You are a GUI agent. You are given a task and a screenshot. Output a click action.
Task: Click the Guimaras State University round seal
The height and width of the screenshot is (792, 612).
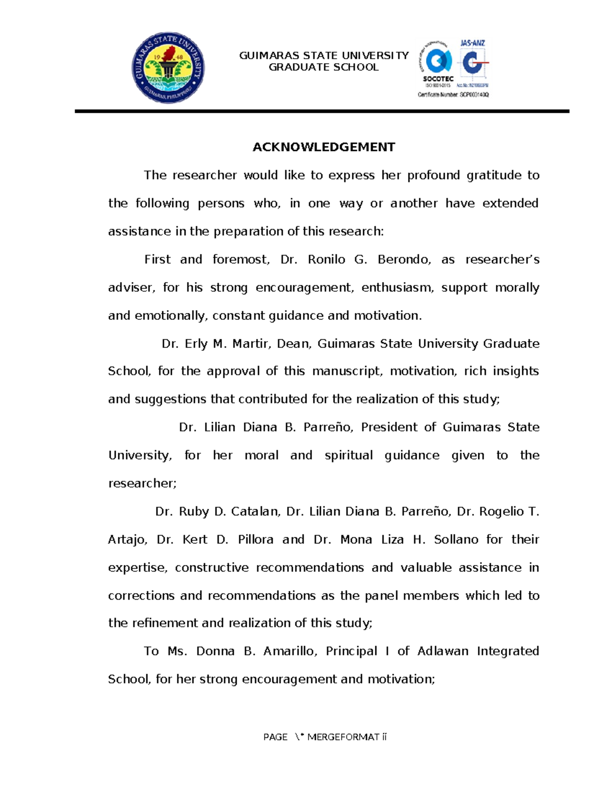[168, 67]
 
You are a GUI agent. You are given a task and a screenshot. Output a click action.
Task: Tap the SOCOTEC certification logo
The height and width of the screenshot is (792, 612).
[438, 64]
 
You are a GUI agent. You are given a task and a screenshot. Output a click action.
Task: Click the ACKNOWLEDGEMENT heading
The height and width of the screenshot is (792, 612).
[324, 147]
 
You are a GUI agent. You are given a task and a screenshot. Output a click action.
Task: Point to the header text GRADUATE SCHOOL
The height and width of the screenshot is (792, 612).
[324, 67]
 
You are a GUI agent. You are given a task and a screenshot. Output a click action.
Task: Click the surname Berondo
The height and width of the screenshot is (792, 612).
[404, 260]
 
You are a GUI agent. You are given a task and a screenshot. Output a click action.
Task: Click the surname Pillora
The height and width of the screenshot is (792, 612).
[256, 540]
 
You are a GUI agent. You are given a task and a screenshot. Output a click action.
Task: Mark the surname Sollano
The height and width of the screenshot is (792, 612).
[456, 540]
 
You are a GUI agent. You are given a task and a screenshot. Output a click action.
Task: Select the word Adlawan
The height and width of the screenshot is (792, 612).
[443, 651]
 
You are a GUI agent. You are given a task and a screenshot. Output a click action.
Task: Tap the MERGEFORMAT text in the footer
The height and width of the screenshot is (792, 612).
[343, 737]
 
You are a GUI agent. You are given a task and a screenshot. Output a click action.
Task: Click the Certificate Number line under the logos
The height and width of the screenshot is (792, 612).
[453, 95]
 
